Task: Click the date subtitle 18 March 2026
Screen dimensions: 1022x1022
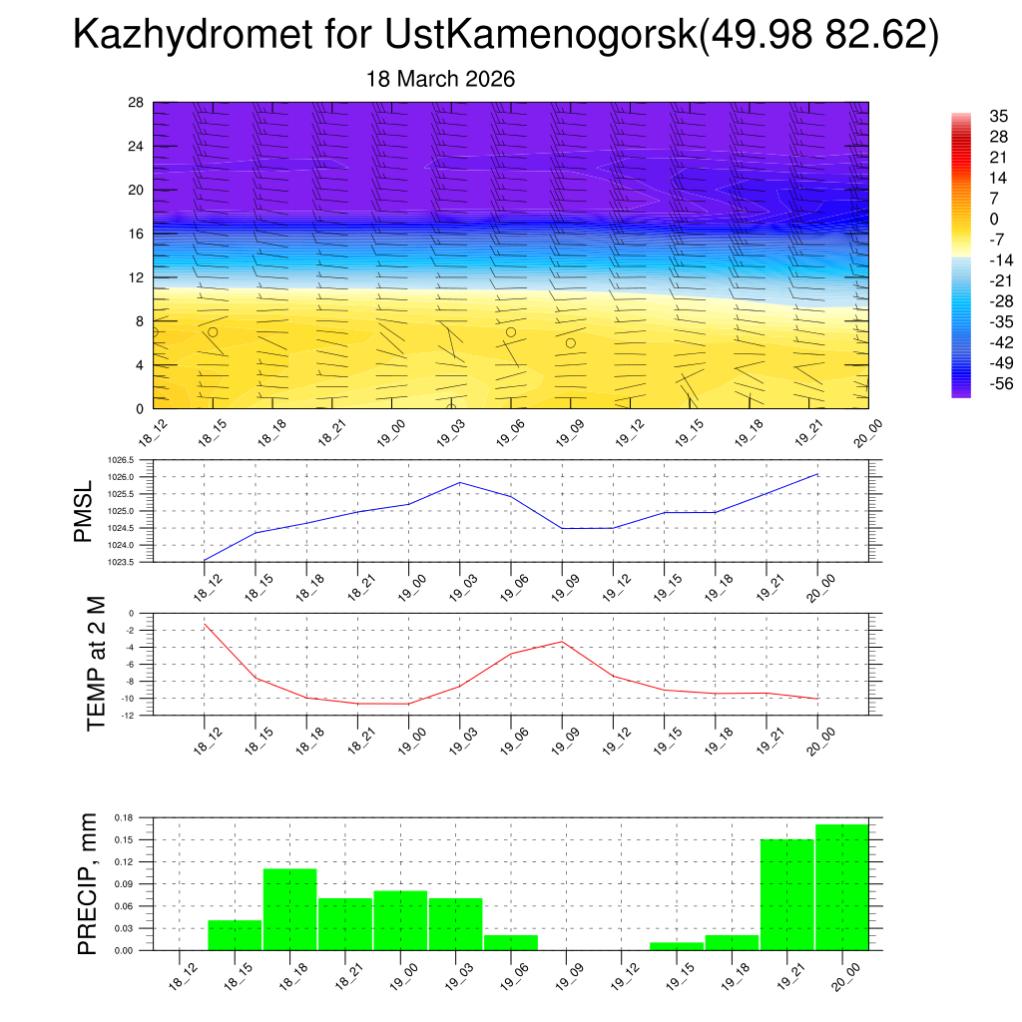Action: [x=440, y=79]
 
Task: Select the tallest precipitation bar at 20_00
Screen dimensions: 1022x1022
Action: [x=841, y=886]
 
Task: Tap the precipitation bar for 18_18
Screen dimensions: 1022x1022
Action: [x=289, y=908]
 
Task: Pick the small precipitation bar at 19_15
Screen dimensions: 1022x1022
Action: [x=676, y=945]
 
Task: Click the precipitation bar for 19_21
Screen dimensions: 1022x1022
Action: [x=786, y=893]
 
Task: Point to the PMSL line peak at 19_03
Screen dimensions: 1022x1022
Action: [x=459, y=482]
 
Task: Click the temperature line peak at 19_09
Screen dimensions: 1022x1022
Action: [x=562, y=642]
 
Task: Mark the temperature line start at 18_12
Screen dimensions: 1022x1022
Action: [x=205, y=624]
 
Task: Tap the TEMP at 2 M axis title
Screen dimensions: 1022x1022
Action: [x=96, y=664]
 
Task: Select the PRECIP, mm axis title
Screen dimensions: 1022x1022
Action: [x=88, y=883]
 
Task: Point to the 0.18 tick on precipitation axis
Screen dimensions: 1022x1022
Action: [x=123, y=817]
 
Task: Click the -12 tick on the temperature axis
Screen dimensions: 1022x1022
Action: [x=129, y=715]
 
